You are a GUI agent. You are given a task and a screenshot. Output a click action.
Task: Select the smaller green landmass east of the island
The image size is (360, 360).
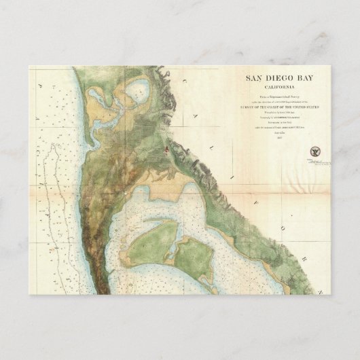pos(194,258)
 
